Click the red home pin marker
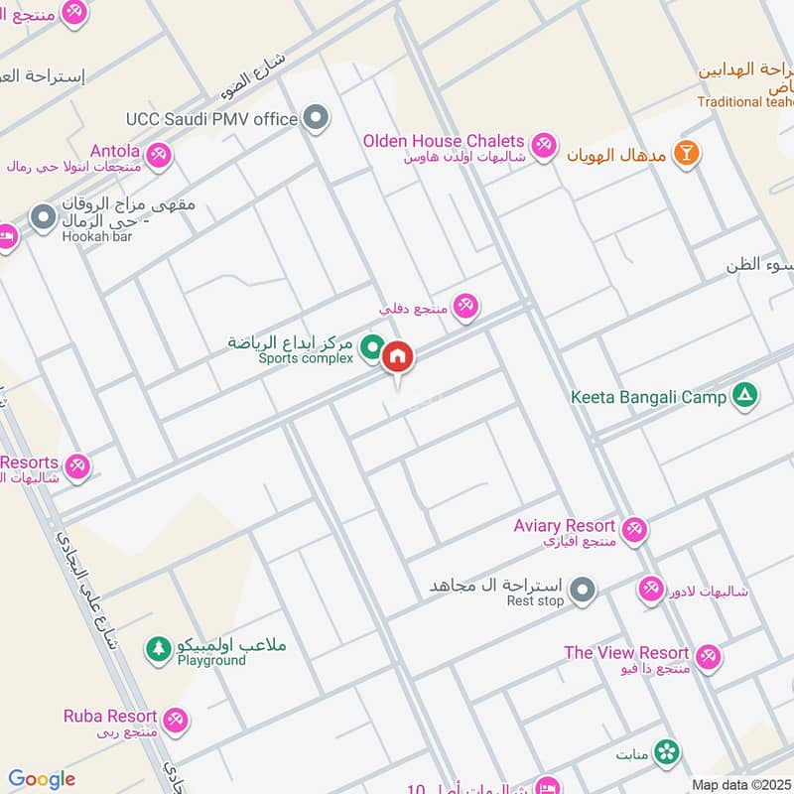click(x=398, y=356)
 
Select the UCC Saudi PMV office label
click(x=212, y=119)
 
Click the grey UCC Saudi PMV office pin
click(x=317, y=120)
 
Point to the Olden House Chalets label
click(x=444, y=141)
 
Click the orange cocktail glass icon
click(x=685, y=153)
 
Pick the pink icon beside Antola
click(x=158, y=156)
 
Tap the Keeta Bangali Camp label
click(x=649, y=397)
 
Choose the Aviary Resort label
click(x=565, y=525)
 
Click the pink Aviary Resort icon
click(x=635, y=530)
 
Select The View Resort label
click(x=626, y=652)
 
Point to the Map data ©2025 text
click(x=740, y=785)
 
